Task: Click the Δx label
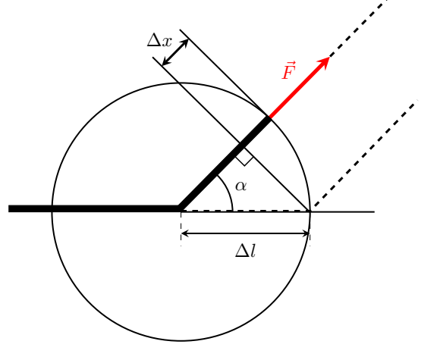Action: (x=159, y=41)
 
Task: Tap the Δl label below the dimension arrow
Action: (x=246, y=250)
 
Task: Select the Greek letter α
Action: (x=241, y=186)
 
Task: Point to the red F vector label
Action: (x=289, y=70)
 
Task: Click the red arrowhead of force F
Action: (x=323, y=62)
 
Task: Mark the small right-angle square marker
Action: (x=245, y=157)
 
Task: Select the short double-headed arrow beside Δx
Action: (x=175, y=52)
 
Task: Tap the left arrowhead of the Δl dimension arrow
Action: (x=185, y=233)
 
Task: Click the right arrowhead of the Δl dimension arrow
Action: (x=306, y=233)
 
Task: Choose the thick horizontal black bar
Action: (x=94, y=208)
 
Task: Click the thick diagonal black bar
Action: (x=225, y=164)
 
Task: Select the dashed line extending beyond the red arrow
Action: (x=359, y=28)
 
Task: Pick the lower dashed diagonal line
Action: (x=365, y=154)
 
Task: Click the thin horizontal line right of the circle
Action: (x=342, y=211)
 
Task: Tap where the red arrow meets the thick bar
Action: (x=269, y=117)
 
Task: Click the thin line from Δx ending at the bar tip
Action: (x=223, y=73)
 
